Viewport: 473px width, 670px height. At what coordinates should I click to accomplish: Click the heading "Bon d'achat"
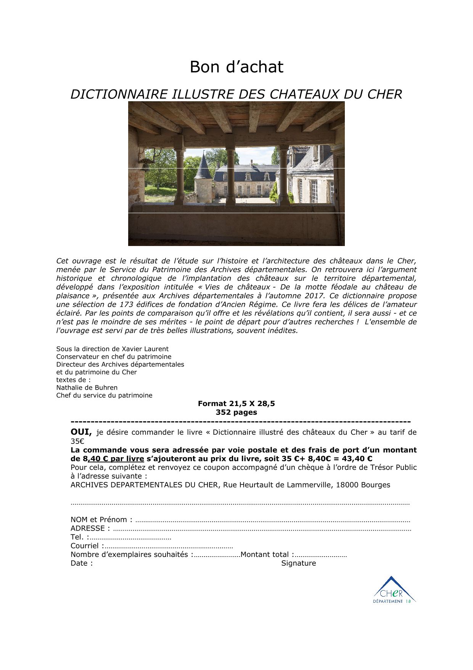(x=236, y=67)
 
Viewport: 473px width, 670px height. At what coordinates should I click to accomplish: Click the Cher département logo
(x=394, y=590)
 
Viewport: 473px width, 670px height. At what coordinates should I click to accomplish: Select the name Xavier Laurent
(x=145, y=349)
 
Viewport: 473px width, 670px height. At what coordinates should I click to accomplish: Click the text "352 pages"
(x=236, y=412)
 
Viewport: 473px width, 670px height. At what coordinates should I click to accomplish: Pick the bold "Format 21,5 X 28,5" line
(x=236, y=403)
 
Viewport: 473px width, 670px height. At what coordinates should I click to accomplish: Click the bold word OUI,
(x=81, y=432)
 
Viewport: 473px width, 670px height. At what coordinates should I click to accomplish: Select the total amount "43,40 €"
(x=358, y=458)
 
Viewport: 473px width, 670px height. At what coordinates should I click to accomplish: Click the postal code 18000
(x=347, y=485)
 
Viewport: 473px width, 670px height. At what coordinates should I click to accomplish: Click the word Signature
(x=299, y=563)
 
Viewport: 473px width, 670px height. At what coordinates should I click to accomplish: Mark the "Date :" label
(x=81, y=563)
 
